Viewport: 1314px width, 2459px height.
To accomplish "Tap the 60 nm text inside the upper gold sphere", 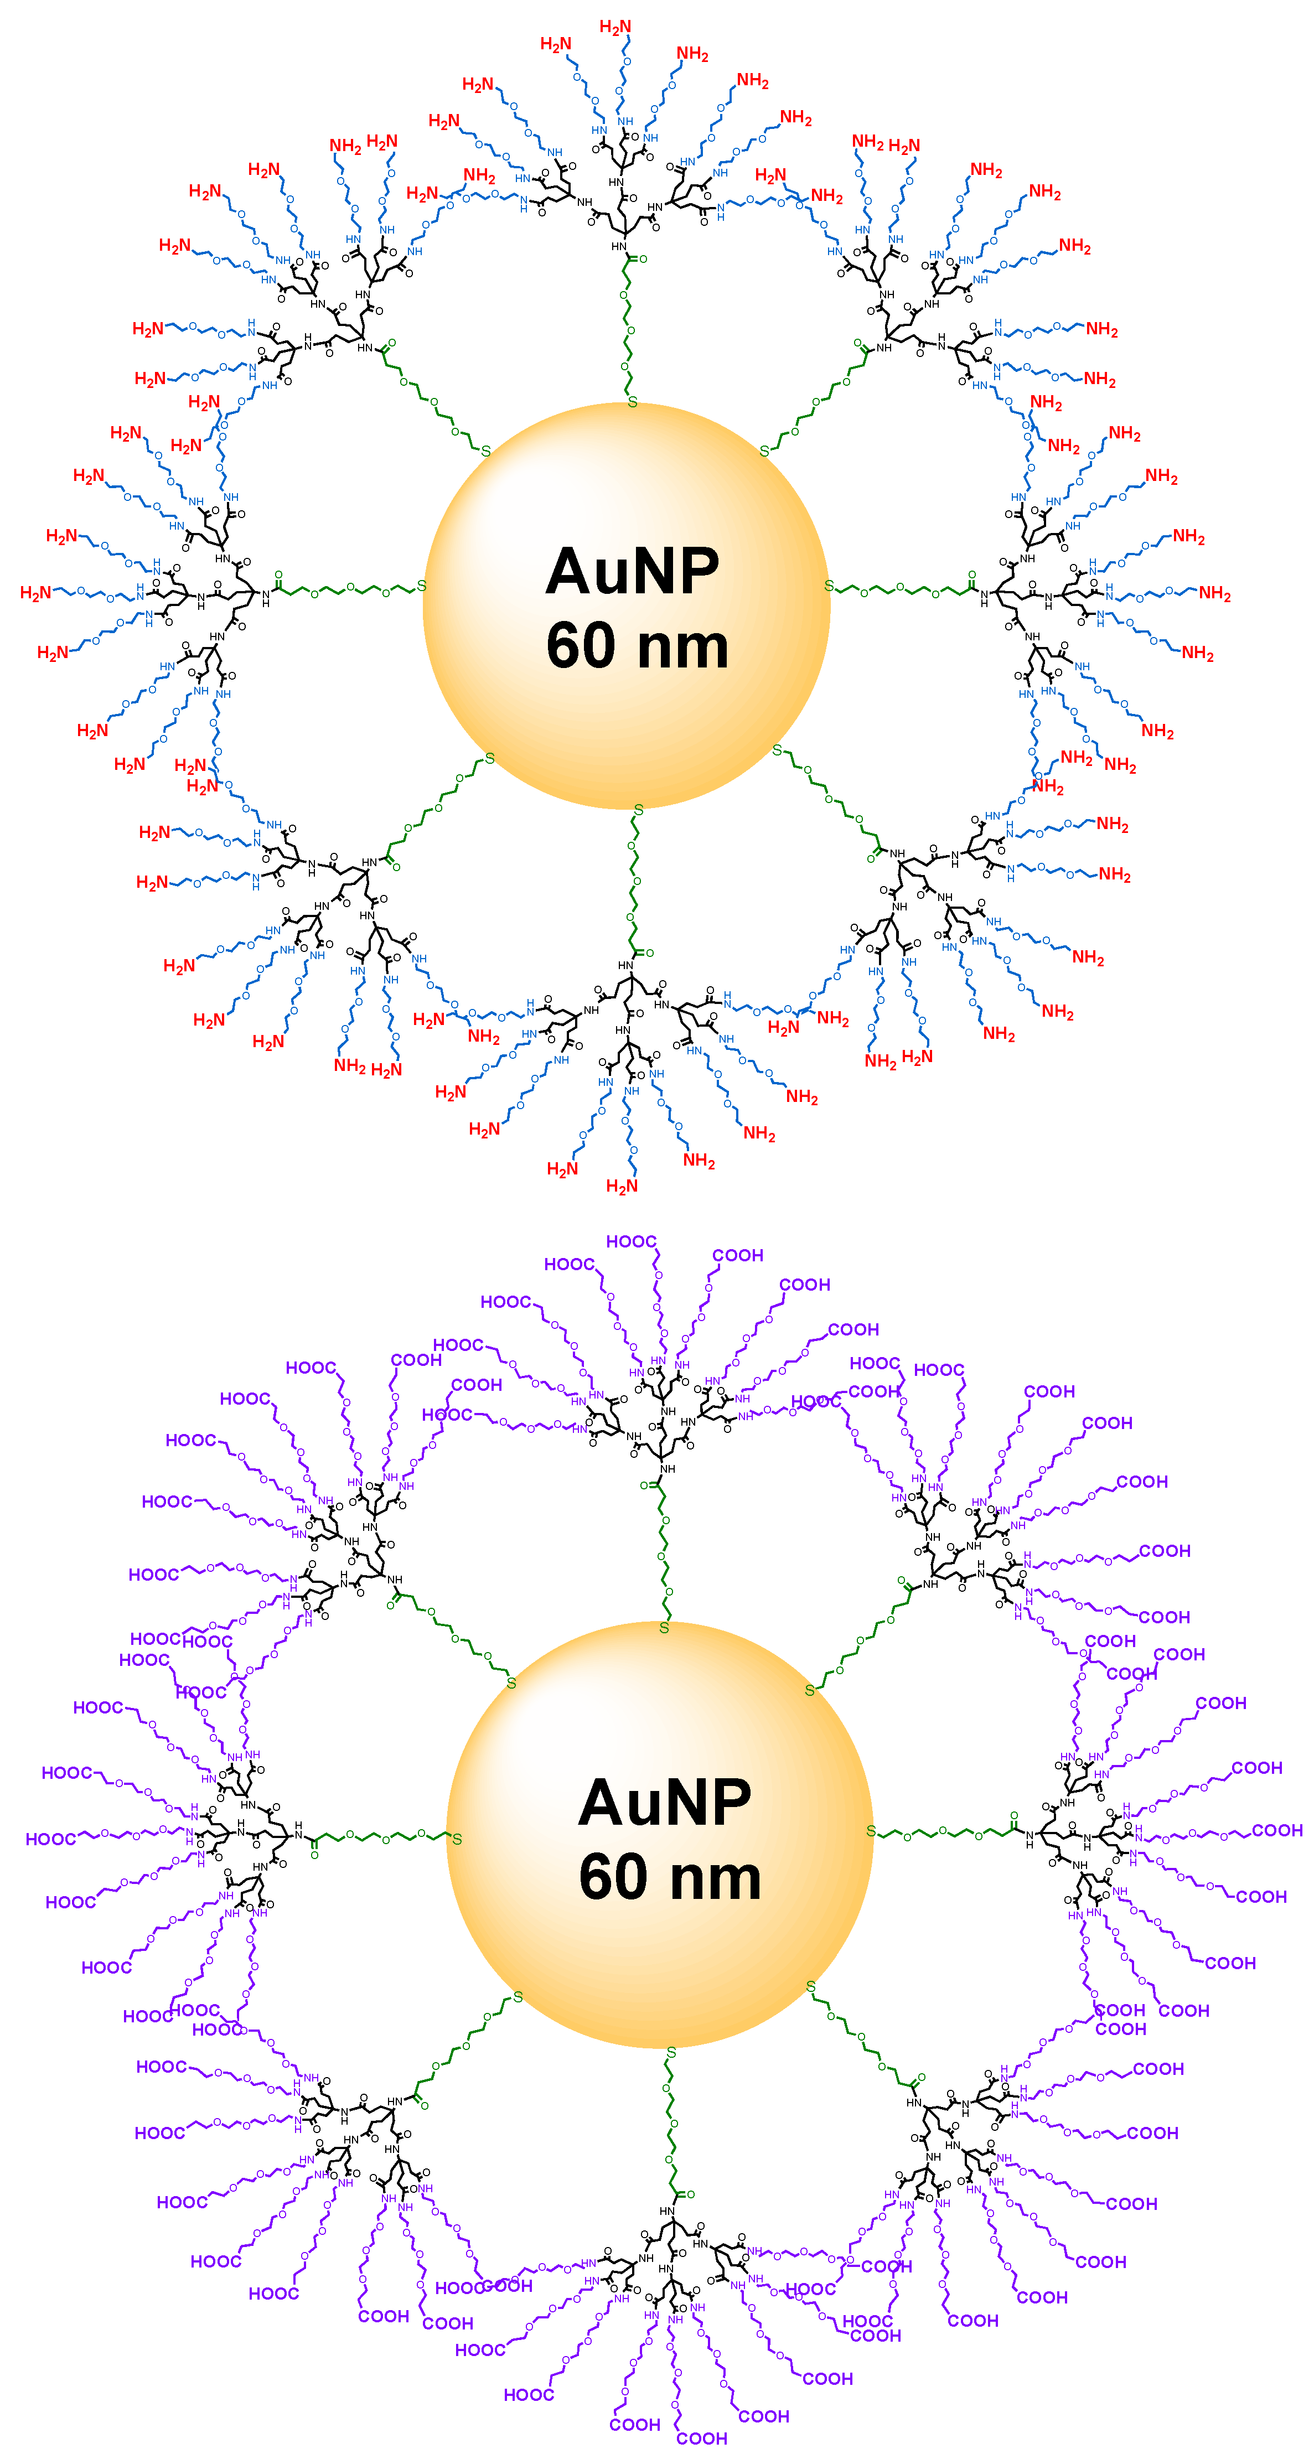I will pos(637,646).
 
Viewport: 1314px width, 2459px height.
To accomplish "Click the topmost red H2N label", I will pos(615,27).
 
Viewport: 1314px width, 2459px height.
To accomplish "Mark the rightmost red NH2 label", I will pos(1215,594).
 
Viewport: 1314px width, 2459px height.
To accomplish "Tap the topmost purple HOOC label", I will pos(631,1241).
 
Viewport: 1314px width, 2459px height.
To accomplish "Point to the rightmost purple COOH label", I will pos(1277,1830).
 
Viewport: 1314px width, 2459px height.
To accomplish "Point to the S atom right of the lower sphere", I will pos(870,1831).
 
